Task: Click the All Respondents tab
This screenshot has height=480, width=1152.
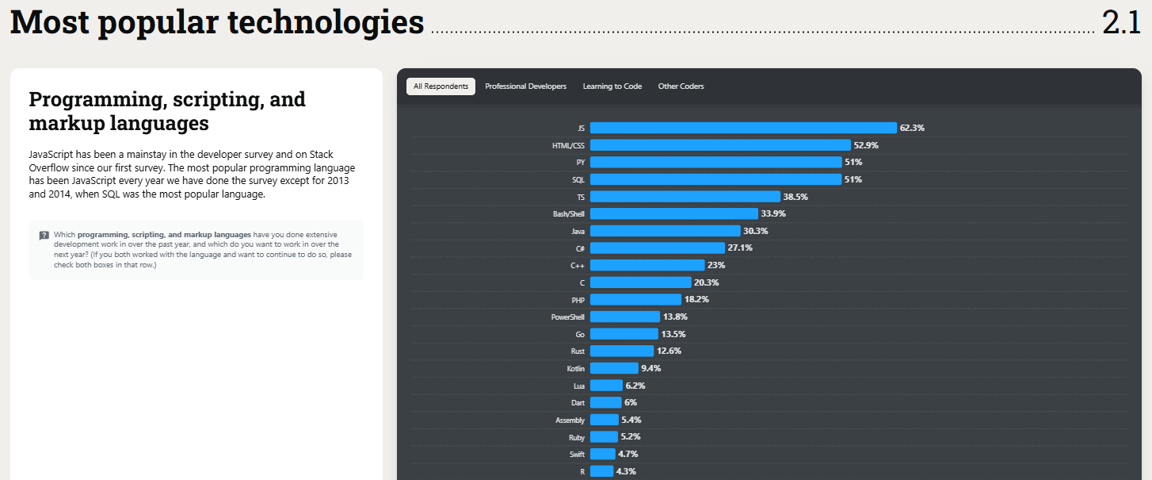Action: (441, 86)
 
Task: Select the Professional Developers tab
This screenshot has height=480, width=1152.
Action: (525, 86)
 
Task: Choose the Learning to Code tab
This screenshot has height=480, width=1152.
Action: (612, 86)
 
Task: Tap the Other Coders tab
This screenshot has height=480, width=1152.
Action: (681, 86)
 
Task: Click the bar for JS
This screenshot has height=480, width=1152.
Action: (743, 128)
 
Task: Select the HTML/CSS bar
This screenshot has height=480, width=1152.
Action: (720, 145)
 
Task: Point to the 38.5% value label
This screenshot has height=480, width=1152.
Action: (795, 197)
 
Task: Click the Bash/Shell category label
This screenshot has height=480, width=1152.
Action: (568, 214)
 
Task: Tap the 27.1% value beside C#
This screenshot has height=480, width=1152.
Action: (740, 248)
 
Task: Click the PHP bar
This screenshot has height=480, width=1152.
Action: (635, 300)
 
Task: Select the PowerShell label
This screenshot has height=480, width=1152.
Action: (567, 317)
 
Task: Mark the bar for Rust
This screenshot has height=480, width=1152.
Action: (622, 351)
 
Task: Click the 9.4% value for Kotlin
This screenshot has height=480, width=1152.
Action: (650, 368)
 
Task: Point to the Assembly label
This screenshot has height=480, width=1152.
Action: (570, 420)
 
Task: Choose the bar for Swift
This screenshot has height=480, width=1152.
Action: (602, 454)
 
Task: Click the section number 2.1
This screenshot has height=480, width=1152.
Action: (1121, 23)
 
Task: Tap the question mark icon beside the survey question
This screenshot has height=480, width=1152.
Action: (44, 236)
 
